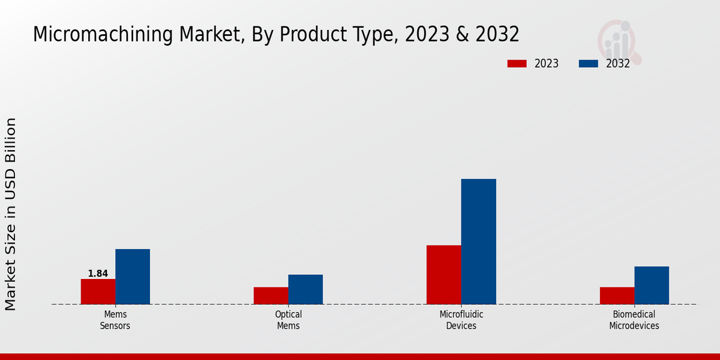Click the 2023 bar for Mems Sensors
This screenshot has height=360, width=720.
pyautogui.click(x=98, y=292)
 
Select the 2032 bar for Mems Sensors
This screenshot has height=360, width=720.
pyautogui.click(x=133, y=277)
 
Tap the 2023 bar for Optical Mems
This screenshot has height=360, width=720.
pyautogui.click(x=271, y=296)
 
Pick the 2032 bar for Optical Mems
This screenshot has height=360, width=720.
pyautogui.click(x=305, y=289)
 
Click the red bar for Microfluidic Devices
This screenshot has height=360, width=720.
pyautogui.click(x=444, y=275)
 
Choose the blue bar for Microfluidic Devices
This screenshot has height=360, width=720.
pyautogui.click(x=479, y=241)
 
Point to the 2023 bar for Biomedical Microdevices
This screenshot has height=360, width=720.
pyautogui.click(x=617, y=296)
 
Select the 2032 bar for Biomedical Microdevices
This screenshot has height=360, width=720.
pyautogui.click(x=652, y=285)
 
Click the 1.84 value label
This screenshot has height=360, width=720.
pyautogui.click(x=98, y=274)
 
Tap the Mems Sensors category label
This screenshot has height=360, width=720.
pyautogui.click(x=116, y=320)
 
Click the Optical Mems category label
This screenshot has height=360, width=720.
pyautogui.click(x=289, y=320)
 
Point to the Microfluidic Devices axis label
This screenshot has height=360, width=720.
pyautogui.click(x=461, y=320)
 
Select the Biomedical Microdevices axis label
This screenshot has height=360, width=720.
pyautogui.click(x=634, y=320)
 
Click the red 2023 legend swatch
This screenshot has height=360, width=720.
pyautogui.click(x=517, y=64)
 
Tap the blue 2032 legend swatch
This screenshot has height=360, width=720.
pyautogui.click(x=588, y=64)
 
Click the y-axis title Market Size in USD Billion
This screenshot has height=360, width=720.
pyautogui.click(x=11, y=214)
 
